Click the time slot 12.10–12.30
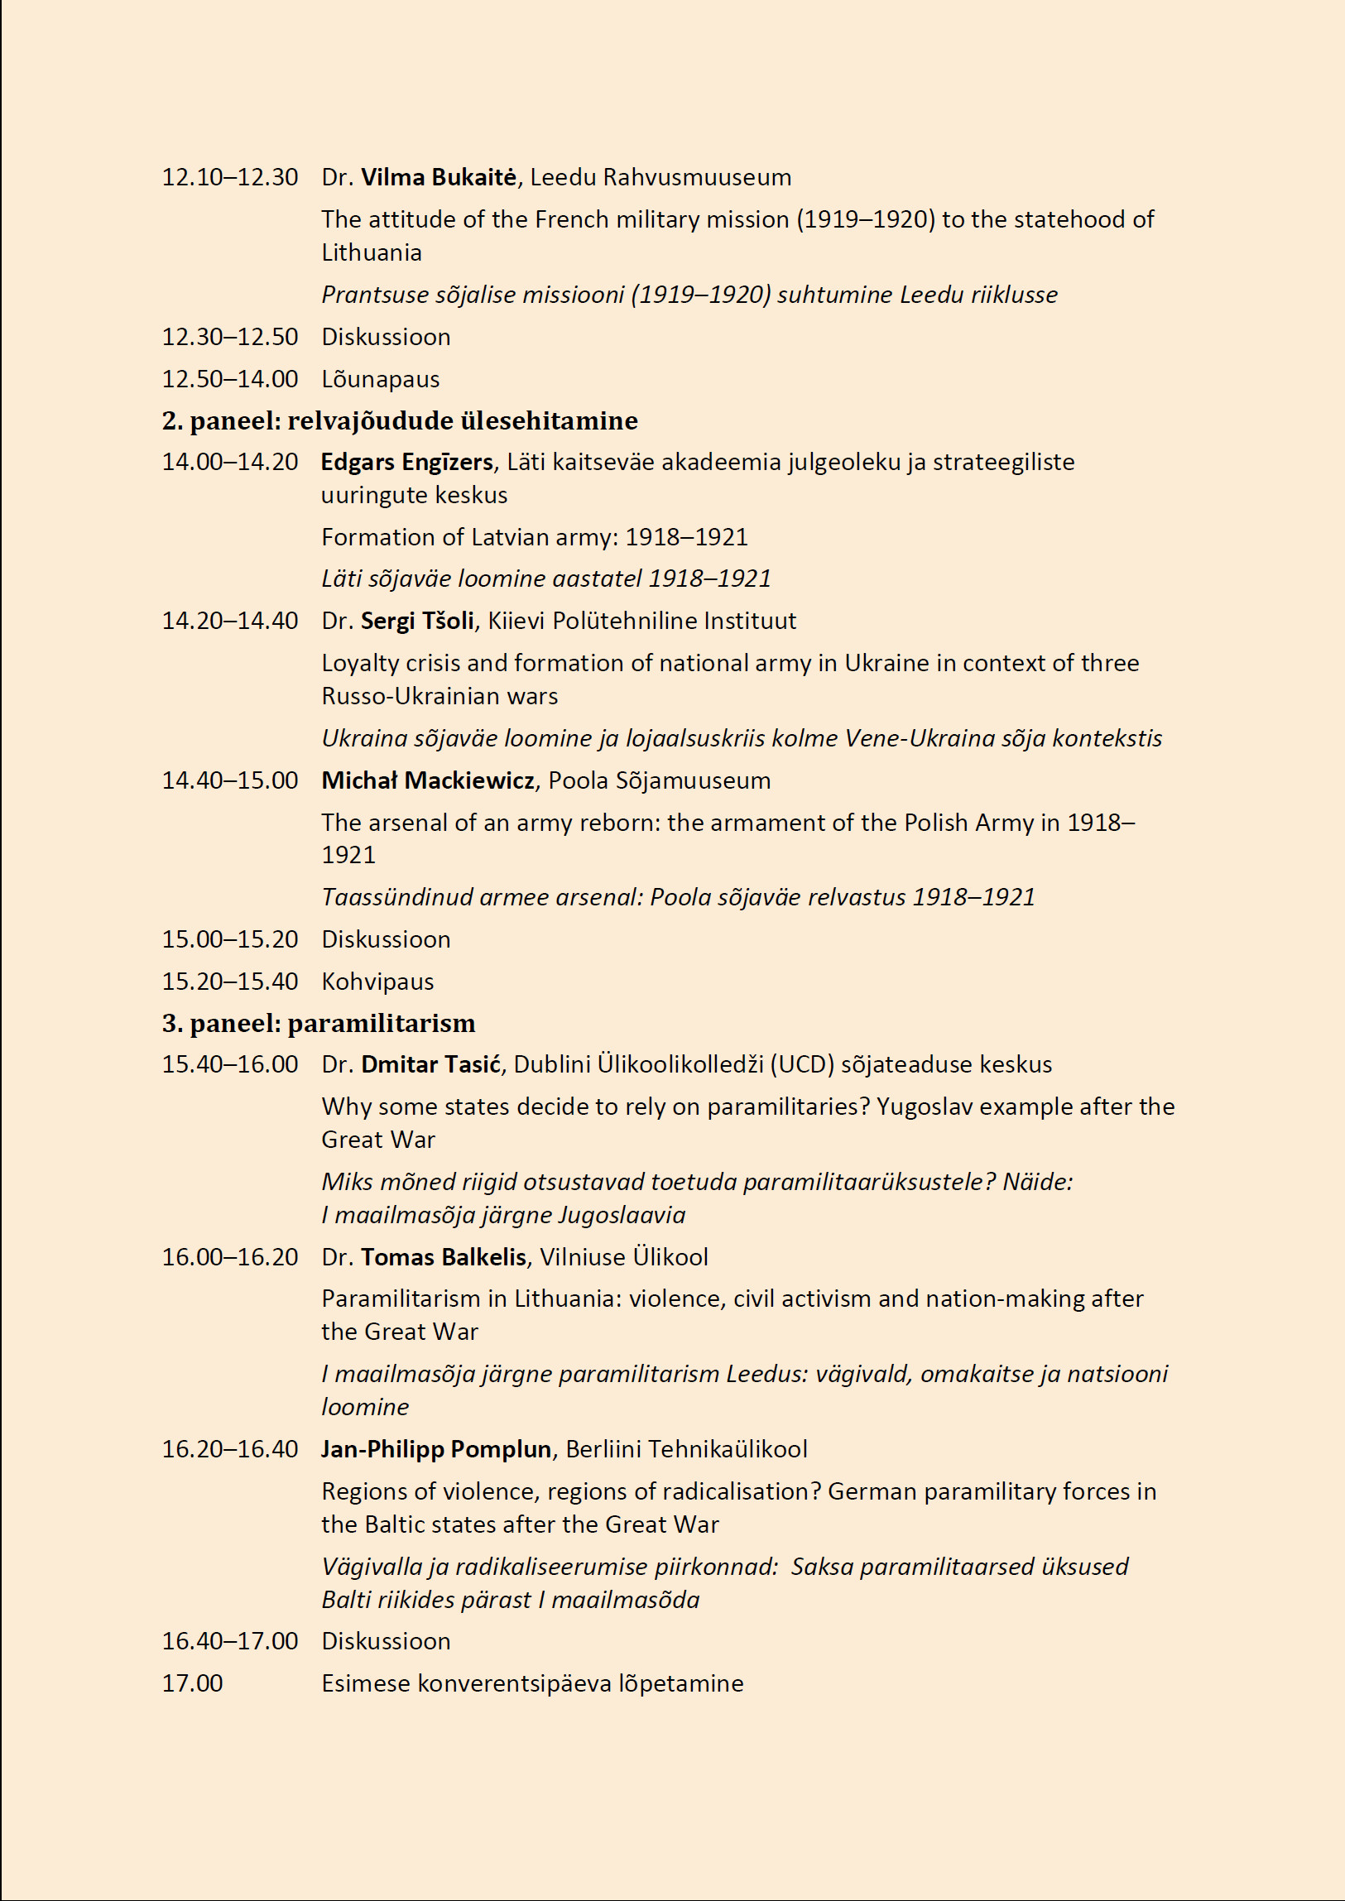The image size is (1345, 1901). pos(229,177)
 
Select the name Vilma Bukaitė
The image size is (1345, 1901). pos(438,177)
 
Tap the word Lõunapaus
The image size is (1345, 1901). pos(380,379)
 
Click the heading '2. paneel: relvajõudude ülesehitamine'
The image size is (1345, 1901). pos(399,420)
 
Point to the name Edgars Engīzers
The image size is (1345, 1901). pos(406,462)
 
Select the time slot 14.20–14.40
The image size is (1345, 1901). pos(229,621)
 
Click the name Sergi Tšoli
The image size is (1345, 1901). pos(417,621)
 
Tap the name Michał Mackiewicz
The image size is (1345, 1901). pos(427,780)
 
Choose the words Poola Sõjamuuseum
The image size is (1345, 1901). pos(659,780)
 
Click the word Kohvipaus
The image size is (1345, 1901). pos(377,982)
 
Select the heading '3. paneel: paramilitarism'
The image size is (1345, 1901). pos(318,1024)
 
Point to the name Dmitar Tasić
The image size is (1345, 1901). pos(430,1065)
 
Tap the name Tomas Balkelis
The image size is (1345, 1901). pos(443,1258)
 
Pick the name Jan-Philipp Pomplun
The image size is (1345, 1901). pos(435,1450)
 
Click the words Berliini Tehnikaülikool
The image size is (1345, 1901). pos(687,1450)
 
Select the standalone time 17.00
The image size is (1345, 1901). pos(192,1684)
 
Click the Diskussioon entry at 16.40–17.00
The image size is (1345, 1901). pos(386,1642)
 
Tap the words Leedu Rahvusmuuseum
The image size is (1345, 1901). pos(660,177)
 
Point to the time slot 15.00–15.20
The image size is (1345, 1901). pos(229,939)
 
